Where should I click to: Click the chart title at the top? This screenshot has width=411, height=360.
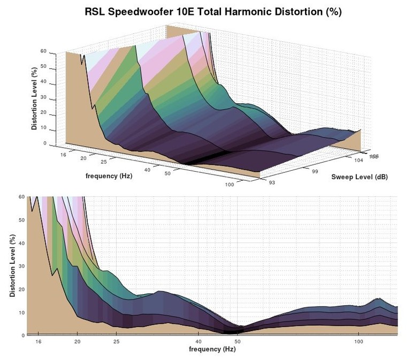pos(212,12)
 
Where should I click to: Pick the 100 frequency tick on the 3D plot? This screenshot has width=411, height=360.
pos(230,185)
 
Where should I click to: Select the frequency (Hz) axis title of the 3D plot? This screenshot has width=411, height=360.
pos(109,175)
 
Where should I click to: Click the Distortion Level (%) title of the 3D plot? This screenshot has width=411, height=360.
pos(34,98)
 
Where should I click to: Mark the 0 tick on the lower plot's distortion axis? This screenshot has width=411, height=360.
pos(22,335)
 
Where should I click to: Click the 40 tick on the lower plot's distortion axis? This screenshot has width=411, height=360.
pos(21,243)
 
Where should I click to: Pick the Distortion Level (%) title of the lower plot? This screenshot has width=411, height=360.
pos(12,266)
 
